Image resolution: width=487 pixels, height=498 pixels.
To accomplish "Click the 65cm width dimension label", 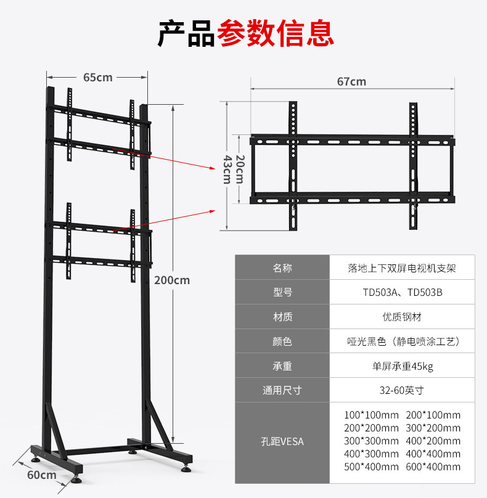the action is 97,77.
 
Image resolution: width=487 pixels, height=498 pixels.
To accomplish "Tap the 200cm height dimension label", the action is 172,280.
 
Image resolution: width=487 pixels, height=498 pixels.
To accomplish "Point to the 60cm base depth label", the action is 41,475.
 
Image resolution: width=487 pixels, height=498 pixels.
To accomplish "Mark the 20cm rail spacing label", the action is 239,168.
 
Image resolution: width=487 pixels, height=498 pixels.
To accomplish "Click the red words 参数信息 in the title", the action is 275,33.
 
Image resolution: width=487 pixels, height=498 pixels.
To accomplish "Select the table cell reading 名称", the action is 282,267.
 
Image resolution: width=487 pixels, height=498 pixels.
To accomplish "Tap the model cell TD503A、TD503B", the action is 403,292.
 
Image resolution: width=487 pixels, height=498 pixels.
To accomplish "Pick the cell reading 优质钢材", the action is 403,317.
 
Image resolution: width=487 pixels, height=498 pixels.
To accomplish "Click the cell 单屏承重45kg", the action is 403,366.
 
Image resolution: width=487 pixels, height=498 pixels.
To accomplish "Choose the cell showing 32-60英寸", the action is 403,390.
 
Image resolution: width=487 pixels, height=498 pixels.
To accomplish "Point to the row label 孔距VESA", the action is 282,441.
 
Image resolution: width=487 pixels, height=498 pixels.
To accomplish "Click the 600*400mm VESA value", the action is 433,467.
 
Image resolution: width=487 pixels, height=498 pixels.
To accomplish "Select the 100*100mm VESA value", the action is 372,415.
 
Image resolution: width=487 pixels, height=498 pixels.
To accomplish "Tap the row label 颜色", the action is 282,341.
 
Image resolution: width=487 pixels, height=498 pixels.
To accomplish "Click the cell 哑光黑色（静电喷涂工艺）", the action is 403,341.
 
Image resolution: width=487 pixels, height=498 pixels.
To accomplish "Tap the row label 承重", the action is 282,366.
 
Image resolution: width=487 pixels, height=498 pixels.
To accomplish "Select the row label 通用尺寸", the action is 282,390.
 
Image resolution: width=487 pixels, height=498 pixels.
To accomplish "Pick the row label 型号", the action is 282,292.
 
